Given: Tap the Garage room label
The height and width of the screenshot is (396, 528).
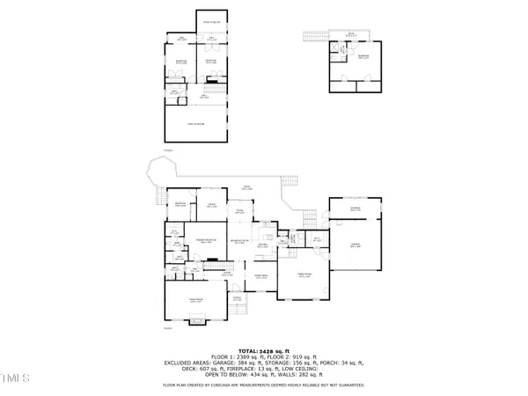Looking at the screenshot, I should click(356, 246).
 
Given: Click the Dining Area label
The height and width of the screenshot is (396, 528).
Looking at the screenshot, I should click(262, 247).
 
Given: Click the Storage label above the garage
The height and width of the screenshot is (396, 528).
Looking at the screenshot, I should click(356, 209).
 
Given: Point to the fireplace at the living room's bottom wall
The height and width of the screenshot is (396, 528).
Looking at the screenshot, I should click(198, 322).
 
